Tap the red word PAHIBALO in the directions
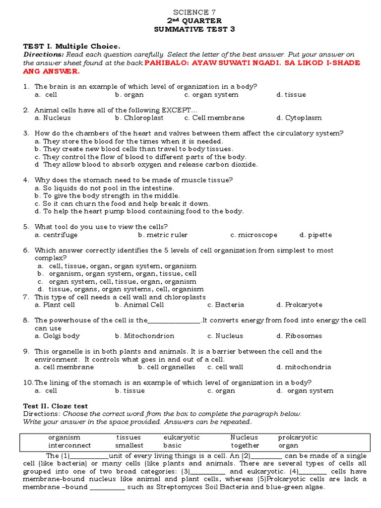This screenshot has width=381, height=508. pos(166,63)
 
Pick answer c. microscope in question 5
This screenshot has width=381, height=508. pos(254,235)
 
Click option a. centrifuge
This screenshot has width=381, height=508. pos(56,235)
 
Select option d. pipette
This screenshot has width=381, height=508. pos(316,235)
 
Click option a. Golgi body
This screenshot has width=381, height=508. pos(57,336)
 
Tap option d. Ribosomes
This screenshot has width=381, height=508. pos(299,336)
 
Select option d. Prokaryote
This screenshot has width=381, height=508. pos(300,305)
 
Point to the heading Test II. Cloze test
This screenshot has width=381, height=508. pos(56,406)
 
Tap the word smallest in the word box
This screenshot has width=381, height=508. pos(130,445)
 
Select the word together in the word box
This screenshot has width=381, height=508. pos(245,445)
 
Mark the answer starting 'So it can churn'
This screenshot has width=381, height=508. pos(122,203)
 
